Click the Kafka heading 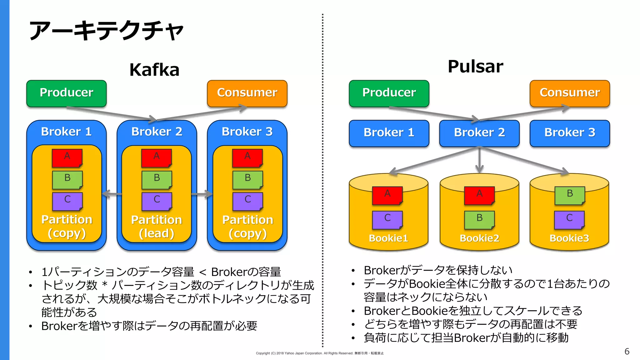[154, 70]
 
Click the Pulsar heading [475, 66]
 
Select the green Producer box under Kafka [67, 93]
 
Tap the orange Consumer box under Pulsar [570, 93]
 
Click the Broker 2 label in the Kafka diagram [157, 132]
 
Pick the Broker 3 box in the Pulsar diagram [570, 133]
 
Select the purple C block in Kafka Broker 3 [248, 201]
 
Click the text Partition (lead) [157, 227]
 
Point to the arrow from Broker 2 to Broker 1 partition [112, 194]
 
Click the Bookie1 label [388, 238]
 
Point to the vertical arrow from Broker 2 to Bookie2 [479, 160]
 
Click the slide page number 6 [627, 351]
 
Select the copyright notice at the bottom [320, 353]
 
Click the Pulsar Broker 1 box [389, 133]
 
